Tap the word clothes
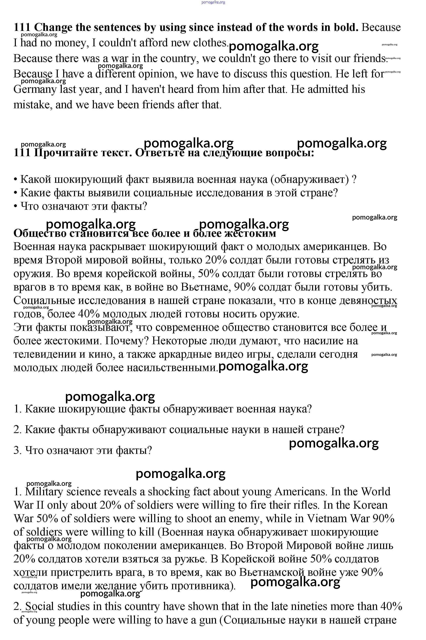(210, 43)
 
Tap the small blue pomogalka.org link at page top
(213, 2)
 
